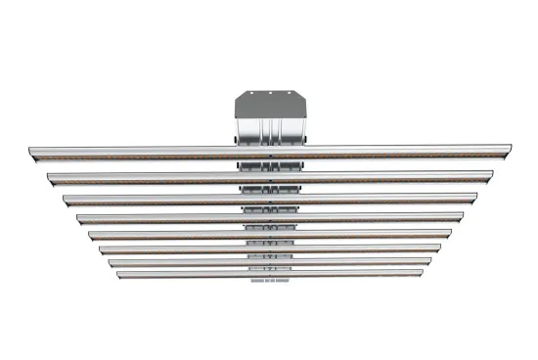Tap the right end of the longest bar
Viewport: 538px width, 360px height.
[507, 152]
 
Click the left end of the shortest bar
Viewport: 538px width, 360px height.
[119, 274]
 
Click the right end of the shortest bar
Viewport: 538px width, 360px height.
[421, 274]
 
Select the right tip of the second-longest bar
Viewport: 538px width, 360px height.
[490, 177]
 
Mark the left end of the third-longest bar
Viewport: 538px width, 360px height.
[66, 199]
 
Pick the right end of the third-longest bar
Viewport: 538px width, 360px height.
[474, 199]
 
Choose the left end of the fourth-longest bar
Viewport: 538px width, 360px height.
[79, 218]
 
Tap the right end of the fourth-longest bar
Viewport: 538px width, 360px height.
[462, 218]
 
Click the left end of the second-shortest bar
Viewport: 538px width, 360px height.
[111, 262]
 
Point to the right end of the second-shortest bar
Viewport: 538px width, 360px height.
[429, 262]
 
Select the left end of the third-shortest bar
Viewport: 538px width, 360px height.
[102, 249]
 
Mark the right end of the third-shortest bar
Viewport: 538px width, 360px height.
[438, 249]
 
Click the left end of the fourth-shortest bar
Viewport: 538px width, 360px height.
[91, 235]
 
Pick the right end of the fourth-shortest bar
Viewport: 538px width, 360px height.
[449, 235]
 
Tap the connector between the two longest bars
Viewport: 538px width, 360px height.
[269, 164]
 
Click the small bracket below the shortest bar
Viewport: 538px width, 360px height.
[269, 282]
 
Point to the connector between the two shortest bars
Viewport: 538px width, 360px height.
[269, 268]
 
